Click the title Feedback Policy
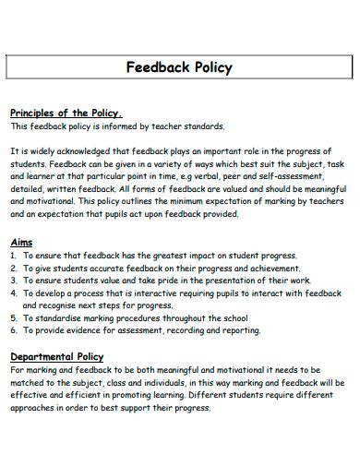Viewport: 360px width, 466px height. [x=179, y=67]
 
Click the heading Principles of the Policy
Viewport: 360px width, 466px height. [x=66, y=114]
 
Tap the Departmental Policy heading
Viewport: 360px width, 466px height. [x=56, y=356]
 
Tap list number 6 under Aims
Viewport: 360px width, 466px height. [x=14, y=329]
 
